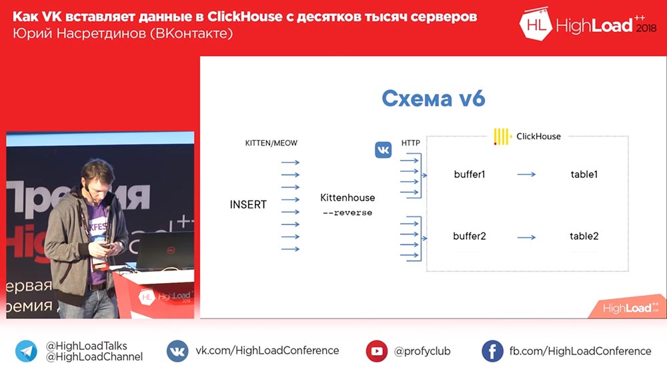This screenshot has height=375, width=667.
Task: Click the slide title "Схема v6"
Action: click(x=433, y=99)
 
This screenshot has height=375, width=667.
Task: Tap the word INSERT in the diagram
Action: click(x=248, y=204)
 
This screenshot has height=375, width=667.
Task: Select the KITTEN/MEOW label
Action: click(x=271, y=143)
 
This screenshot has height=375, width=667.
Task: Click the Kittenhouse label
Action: click(x=348, y=197)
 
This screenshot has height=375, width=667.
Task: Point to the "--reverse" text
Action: click(x=348, y=212)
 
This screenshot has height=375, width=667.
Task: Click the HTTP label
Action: click(x=410, y=143)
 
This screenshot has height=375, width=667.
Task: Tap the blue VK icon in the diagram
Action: click(x=384, y=150)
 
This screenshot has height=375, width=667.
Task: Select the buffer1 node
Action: click(x=469, y=174)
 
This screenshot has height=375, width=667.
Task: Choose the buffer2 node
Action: click(x=469, y=236)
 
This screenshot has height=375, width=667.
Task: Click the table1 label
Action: click(x=584, y=174)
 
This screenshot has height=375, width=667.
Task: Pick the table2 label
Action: click(x=584, y=236)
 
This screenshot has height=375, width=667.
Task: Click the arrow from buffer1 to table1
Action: click(x=527, y=174)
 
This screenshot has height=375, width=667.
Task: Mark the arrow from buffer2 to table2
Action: click(x=527, y=237)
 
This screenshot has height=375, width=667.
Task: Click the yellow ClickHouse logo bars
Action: click(x=502, y=137)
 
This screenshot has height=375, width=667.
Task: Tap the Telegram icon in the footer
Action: click(x=26, y=351)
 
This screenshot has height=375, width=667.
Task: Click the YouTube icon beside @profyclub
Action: click(x=376, y=351)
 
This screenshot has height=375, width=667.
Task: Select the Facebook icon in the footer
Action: click(x=492, y=351)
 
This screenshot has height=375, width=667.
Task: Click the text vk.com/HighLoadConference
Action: click(x=267, y=350)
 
